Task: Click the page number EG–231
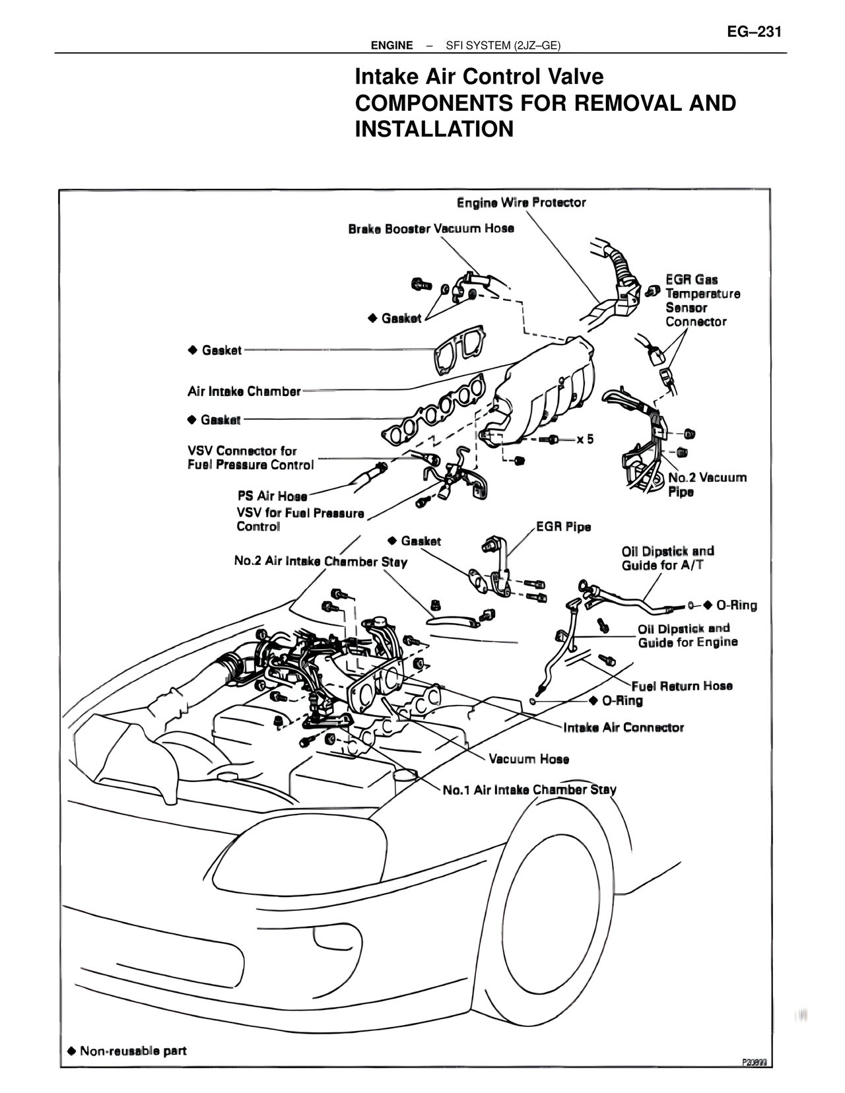(753, 32)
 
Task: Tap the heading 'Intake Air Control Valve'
(479, 77)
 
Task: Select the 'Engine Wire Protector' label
(521, 203)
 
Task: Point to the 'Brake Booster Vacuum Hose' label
(431, 229)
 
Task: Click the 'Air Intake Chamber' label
(244, 391)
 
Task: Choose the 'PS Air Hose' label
(272, 496)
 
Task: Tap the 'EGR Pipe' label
(563, 527)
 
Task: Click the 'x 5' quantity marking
(585, 439)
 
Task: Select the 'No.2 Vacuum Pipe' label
(706, 484)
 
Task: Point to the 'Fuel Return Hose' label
(682, 686)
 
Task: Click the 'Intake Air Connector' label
(624, 727)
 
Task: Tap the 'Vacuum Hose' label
(529, 758)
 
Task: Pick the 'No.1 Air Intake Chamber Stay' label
(529, 789)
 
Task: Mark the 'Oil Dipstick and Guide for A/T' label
(668, 558)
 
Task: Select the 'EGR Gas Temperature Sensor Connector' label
(702, 300)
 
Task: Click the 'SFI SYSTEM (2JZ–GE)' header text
(503, 46)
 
